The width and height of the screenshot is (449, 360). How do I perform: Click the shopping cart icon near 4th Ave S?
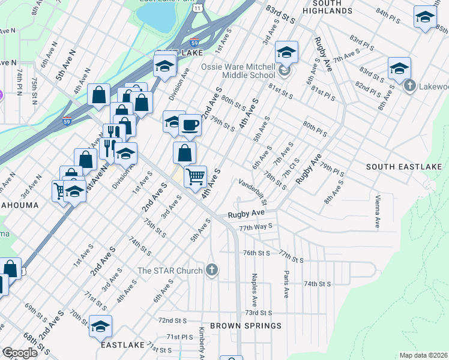194,177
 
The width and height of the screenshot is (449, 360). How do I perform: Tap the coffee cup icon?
190,125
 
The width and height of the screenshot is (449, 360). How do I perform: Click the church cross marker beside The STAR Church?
211,271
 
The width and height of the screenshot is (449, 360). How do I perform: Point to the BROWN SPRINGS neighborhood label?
255,326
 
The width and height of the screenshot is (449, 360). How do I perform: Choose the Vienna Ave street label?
378,211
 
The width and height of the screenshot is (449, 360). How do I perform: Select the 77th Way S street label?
256,227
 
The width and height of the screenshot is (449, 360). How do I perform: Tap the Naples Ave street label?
255,288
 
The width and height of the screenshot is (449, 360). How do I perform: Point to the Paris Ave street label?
286,284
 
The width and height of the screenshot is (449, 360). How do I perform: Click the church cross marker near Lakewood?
409,86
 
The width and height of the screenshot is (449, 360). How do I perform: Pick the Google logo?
19,353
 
